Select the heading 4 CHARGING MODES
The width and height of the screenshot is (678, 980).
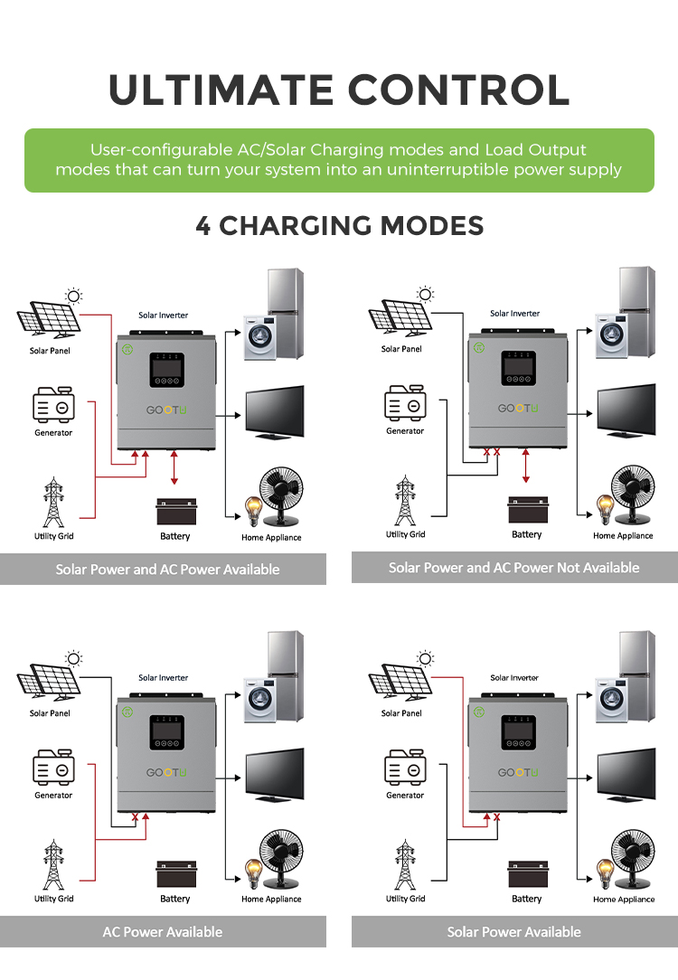click(339, 225)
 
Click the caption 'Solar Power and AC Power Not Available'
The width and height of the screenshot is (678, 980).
click(513, 568)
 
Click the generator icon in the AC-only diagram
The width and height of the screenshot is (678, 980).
click(53, 769)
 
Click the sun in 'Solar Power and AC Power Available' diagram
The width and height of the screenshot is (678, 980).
click(73, 296)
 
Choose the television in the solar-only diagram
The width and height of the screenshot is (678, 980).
click(626, 773)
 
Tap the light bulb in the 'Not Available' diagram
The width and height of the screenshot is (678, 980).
click(603, 508)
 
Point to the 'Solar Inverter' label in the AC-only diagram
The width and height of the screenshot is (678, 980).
click(164, 677)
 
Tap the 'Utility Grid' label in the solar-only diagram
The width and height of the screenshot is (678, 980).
click(405, 899)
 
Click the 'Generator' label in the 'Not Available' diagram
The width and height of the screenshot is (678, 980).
click(405, 431)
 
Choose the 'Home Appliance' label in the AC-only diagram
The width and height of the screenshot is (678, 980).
click(271, 900)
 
